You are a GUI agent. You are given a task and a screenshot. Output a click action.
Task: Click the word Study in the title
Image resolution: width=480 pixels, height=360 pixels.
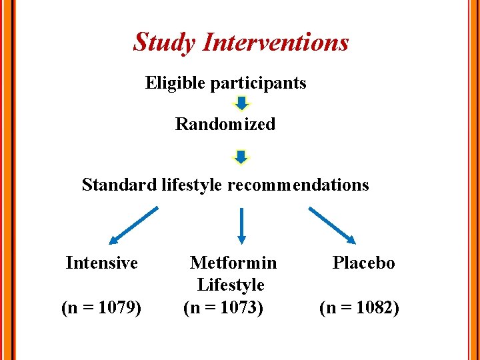point(165,42)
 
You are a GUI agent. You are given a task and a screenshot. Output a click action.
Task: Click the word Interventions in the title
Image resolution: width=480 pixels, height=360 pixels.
point(275,42)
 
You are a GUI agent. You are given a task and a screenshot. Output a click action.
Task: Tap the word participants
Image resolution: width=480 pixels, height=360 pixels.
point(258,83)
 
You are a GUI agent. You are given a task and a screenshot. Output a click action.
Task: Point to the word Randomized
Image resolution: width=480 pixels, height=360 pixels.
point(225,125)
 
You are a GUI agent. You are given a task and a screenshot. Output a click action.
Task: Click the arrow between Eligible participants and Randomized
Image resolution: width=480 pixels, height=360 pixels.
point(242,103)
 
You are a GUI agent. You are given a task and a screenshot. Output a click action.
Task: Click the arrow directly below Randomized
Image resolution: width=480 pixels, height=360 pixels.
point(242,156)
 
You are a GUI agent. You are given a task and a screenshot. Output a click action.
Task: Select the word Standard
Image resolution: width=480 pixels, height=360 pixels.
point(119,185)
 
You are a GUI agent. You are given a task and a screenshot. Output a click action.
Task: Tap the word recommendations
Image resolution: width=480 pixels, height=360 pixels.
point(298,185)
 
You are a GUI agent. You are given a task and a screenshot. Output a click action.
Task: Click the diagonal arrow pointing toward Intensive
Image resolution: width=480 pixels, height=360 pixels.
point(133,226)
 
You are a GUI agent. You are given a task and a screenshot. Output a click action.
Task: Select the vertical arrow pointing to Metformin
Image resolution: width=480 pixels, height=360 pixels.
point(242,225)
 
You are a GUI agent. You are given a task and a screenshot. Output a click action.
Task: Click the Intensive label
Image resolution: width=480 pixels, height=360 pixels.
point(102,263)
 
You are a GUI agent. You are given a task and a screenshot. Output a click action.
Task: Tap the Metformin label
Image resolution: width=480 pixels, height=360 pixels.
point(233,263)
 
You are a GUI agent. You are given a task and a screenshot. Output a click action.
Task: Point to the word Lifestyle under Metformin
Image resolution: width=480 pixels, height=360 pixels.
point(231,285)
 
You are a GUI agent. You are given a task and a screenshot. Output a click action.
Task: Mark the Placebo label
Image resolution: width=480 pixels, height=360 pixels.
point(363,263)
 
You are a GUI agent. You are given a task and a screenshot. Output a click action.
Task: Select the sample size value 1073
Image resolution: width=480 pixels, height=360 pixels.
point(236,309)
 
